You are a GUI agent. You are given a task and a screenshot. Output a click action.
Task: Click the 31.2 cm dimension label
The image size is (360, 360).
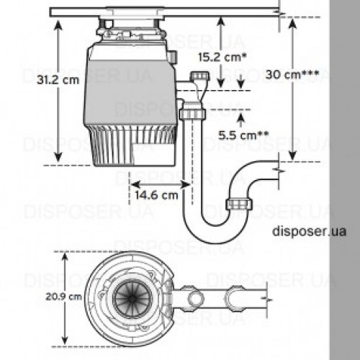[x=58, y=80]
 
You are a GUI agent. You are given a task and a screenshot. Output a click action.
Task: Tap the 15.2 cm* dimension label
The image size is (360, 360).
[x=222, y=57]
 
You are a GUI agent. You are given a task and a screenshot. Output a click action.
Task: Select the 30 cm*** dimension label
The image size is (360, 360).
[x=292, y=75]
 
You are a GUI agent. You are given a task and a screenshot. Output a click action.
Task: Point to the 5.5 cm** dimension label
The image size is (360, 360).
[x=243, y=135]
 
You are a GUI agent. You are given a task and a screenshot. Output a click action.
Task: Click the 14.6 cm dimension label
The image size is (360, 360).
[x=156, y=195]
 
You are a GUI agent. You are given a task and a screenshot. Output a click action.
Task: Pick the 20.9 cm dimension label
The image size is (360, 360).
[x=64, y=297]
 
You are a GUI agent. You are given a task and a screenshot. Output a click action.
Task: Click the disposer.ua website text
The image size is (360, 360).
[x=310, y=231]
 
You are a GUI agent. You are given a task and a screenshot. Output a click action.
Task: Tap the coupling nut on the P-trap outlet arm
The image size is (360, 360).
[x=239, y=204]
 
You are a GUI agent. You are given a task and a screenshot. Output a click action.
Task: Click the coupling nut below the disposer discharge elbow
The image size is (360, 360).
[x=192, y=114]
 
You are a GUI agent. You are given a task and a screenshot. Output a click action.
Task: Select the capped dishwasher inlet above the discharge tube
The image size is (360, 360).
[x=199, y=76]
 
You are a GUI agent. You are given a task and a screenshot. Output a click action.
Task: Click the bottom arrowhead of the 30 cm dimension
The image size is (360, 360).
[x=292, y=156]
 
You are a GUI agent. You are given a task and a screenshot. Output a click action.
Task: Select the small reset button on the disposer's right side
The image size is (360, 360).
[x=173, y=57]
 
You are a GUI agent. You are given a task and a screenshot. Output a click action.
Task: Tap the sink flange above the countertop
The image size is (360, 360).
[x=135, y=9]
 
